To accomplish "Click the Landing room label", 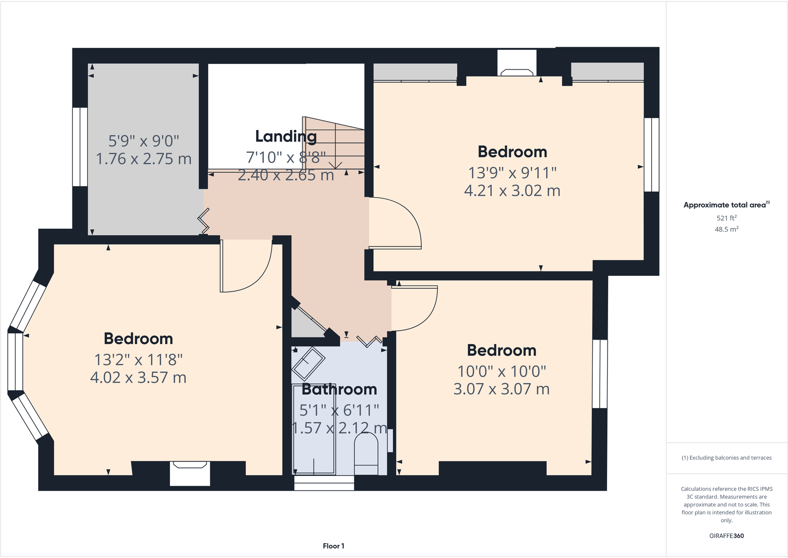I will click(286, 136).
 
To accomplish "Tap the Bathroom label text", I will click(339, 390).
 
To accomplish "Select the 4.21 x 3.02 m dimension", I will click(512, 191).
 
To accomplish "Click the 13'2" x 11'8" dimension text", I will click(138, 359).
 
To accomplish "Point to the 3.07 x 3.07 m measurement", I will click(502, 389).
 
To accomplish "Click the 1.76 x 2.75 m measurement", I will click(143, 159).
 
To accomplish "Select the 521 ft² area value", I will click(726, 218).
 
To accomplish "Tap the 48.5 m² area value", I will click(726, 229).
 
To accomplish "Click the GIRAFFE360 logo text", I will click(726, 536).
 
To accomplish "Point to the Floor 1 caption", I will click(333, 546).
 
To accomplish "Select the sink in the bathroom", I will click(308, 364).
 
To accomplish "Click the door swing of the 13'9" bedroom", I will click(396, 223).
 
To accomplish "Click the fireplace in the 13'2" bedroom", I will click(190, 473).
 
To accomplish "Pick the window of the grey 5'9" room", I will click(80, 147).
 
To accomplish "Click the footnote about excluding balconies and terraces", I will click(726, 458).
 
